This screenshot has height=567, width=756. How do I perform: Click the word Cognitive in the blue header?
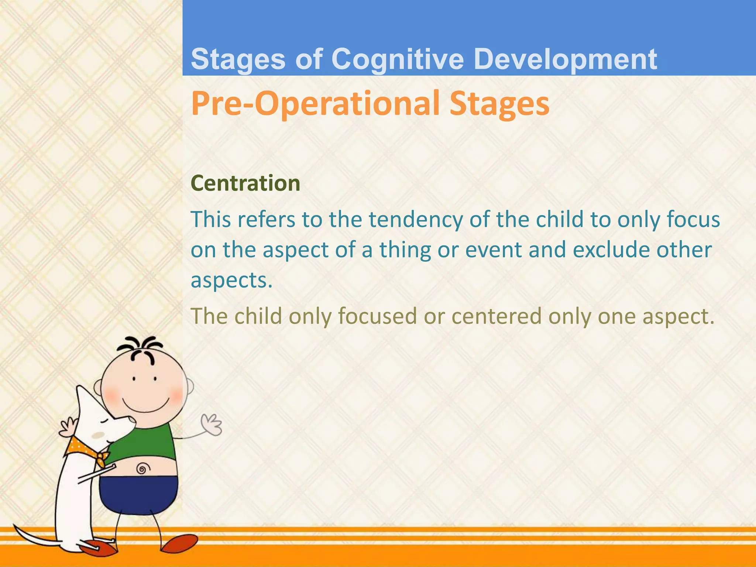[398, 60]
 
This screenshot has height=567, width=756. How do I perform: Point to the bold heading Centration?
[245, 183]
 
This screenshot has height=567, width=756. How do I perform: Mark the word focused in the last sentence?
[377, 316]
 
